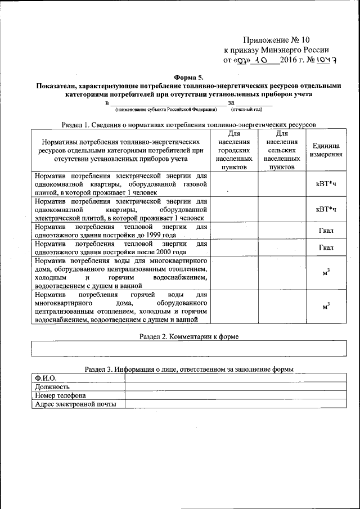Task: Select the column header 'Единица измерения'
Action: click(x=327, y=150)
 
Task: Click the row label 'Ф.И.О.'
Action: click(x=46, y=378)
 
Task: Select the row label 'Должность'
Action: click(x=52, y=386)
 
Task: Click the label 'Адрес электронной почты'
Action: click(x=75, y=404)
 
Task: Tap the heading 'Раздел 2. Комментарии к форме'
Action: click(x=188, y=336)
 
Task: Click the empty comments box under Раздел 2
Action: click(x=188, y=349)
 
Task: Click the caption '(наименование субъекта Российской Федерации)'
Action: click(x=166, y=109)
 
